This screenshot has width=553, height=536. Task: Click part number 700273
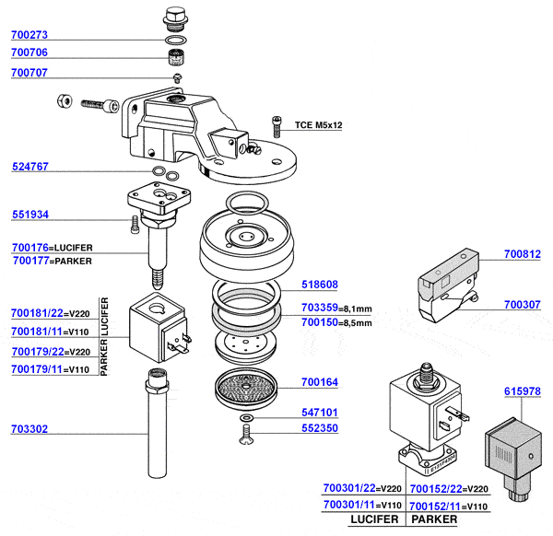click(x=29, y=36)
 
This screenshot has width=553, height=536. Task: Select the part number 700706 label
click(x=29, y=53)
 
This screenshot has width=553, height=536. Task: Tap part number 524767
click(x=29, y=168)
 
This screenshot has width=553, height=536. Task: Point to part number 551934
click(x=29, y=216)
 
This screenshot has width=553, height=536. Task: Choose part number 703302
click(x=29, y=429)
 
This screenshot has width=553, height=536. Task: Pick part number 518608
click(x=320, y=285)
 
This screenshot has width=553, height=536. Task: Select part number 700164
click(x=320, y=382)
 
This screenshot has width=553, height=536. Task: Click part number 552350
click(x=320, y=429)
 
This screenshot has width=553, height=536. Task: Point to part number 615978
click(x=523, y=391)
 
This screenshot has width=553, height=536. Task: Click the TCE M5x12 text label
click(x=318, y=124)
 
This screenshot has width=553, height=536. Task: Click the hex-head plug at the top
click(x=175, y=18)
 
